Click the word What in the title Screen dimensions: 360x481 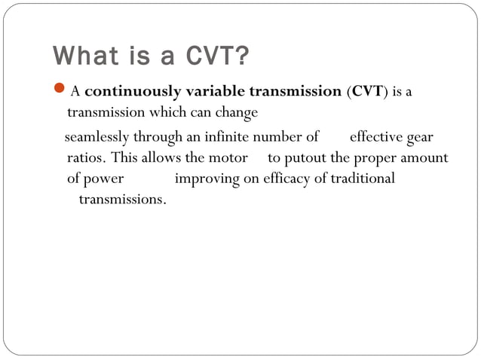tap(82, 56)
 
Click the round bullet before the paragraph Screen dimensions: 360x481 tap(60, 92)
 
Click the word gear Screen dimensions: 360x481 tap(419, 139)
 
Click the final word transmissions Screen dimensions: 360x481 tap(122, 200)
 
